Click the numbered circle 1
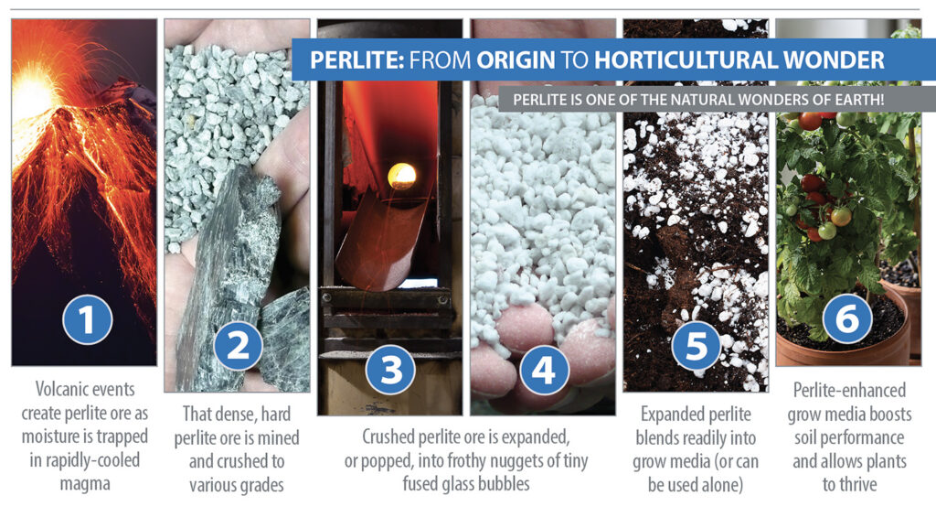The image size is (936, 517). [x=87, y=319]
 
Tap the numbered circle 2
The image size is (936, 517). [x=239, y=346]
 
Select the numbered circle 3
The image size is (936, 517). [x=391, y=369]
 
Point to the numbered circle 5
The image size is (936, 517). [x=696, y=346]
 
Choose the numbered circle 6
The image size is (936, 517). [x=847, y=318]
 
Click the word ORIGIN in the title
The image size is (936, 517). [x=516, y=60]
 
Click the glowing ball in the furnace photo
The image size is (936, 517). [x=402, y=177]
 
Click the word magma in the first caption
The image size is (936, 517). [x=85, y=483]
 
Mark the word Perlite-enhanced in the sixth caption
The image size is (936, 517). [x=849, y=391]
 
